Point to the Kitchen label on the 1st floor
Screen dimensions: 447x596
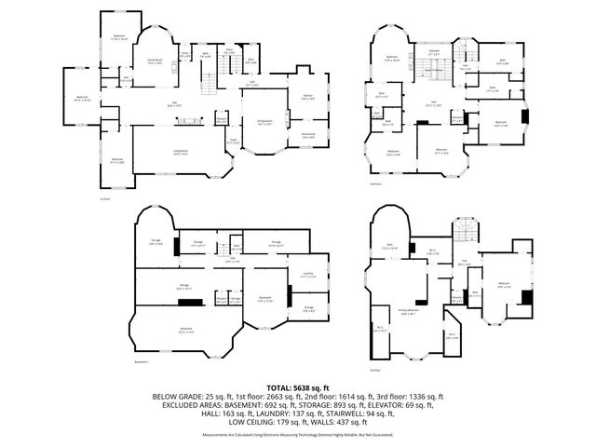click(306, 97)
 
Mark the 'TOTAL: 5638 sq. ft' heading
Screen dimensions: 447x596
click(298, 386)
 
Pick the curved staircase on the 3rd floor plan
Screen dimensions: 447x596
click(463, 230)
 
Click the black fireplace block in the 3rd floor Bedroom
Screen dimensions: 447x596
click(527, 297)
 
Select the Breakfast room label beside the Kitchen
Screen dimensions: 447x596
click(306, 135)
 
